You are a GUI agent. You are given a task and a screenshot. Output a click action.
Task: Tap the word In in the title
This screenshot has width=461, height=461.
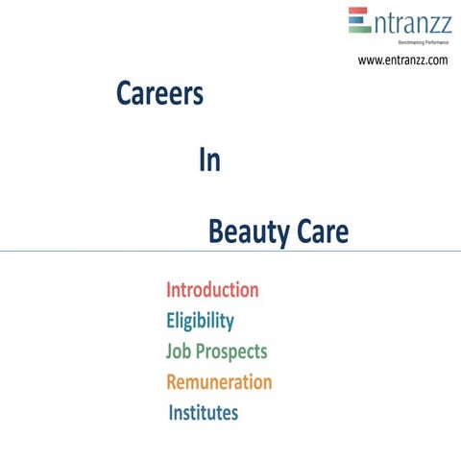(x=209, y=161)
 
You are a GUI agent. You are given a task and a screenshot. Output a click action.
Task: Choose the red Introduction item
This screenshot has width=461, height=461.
(x=212, y=290)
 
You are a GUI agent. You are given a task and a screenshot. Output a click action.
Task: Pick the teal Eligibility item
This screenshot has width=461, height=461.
(x=200, y=321)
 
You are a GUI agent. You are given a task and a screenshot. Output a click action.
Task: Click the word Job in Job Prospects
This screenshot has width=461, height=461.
(x=180, y=352)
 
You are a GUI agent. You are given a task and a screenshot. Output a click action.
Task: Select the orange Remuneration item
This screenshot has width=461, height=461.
(x=219, y=382)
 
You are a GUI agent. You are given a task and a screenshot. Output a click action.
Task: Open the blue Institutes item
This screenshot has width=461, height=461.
(x=204, y=413)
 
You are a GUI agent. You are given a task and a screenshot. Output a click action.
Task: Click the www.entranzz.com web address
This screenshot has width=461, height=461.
(x=403, y=61)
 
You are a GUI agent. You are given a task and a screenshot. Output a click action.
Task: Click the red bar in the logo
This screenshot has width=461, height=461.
(x=359, y=11)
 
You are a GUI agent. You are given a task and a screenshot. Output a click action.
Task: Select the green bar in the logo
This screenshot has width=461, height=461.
(x=359, y=29)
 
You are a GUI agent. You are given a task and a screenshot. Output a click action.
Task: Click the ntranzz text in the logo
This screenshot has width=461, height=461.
(x=410, y=20)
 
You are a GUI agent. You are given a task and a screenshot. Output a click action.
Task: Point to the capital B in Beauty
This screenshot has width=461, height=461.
(x=216, y=232)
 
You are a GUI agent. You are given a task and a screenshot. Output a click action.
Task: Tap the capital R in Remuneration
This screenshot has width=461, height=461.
(x=173, y=382)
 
